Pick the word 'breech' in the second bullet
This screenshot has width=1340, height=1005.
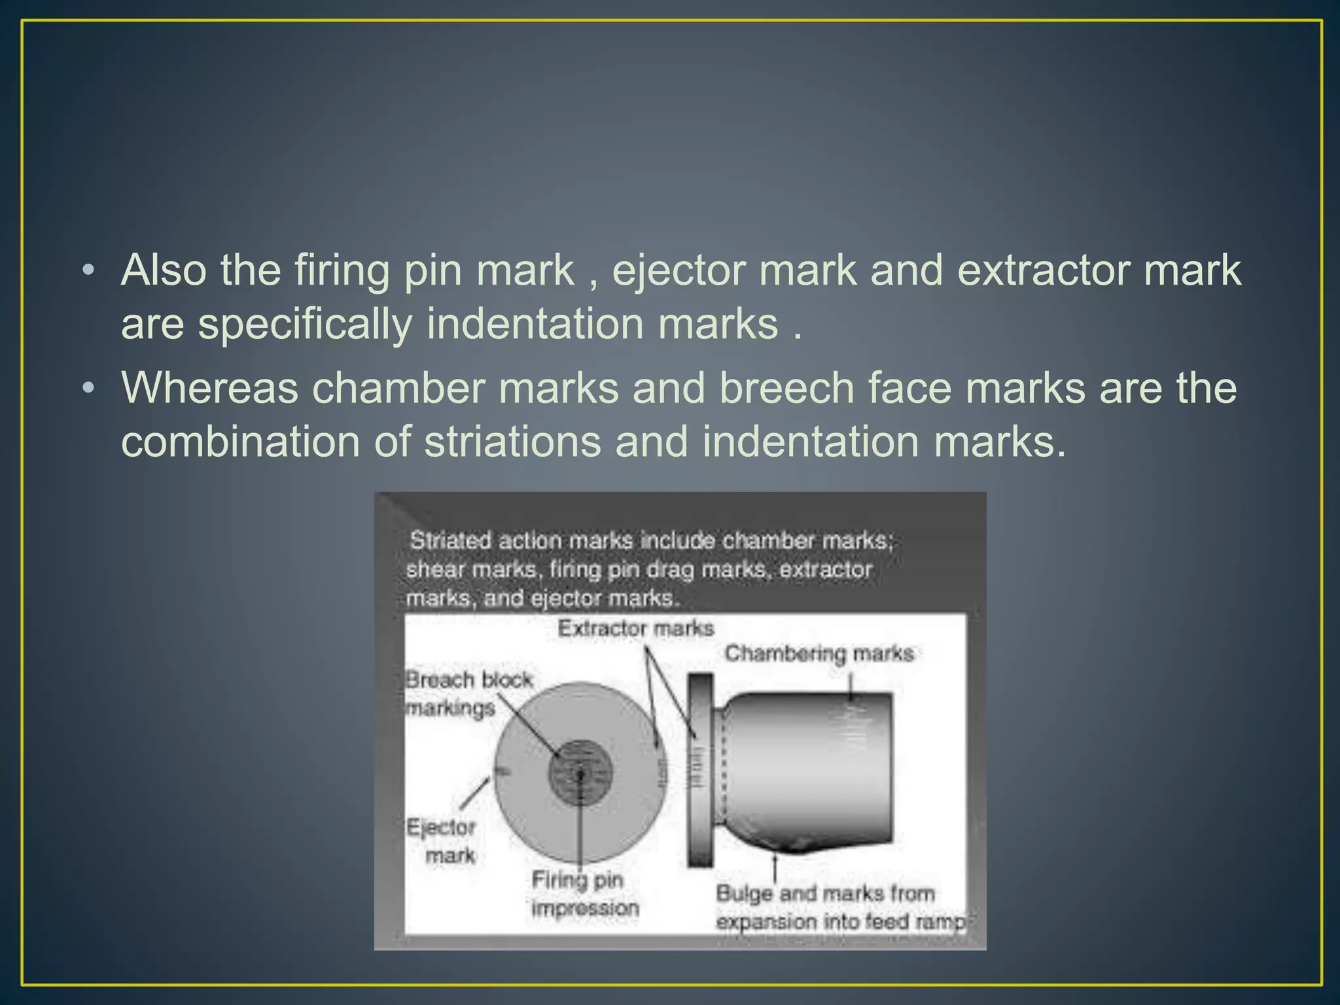pos(786,388)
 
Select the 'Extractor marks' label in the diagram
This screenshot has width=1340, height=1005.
pos(635,629)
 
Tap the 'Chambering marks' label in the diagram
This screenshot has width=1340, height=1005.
pos(819,654)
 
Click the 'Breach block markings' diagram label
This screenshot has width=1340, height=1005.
pos(468,694)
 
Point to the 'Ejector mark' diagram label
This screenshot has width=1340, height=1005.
pos(441,841)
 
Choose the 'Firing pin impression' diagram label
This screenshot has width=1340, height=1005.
pos(584,894)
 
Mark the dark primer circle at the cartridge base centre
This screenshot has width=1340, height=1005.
pos(580,773)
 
